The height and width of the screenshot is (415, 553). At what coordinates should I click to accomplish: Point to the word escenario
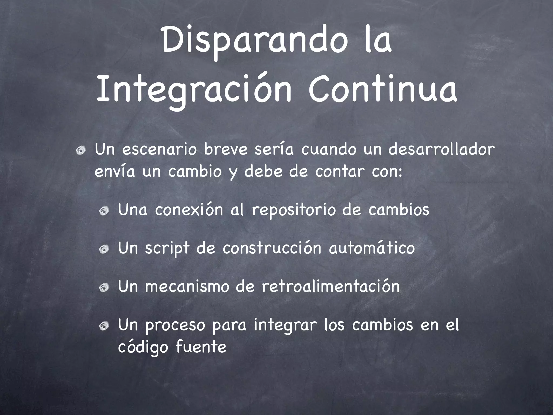[x=160, y=150]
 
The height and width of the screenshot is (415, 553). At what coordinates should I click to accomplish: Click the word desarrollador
[x=441, y=150]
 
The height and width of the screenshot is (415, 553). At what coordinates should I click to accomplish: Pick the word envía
[x=114, y=172]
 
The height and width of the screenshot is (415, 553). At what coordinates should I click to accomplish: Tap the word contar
[x=339, y=172]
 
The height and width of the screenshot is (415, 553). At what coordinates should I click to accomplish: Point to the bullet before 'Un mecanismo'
[x=104, y=288]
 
